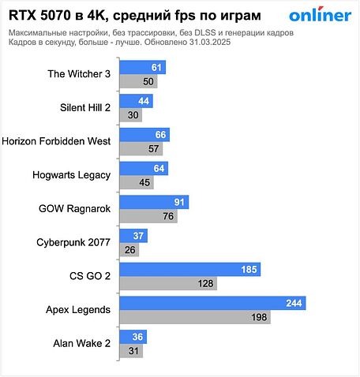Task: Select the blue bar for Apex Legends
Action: coord(212,303)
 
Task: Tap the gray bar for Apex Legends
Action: coord(194,317)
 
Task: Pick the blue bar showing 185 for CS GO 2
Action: coord(189,270)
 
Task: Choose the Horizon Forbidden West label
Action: coord(57,142)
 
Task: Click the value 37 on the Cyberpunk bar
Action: coord(139,236)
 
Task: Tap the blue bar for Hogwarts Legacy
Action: coord(142,168)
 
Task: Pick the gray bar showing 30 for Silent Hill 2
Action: coord(130,115)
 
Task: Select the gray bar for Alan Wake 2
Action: coord(131,351)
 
